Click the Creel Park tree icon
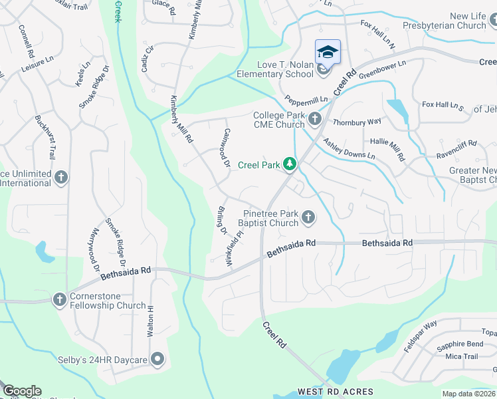(289, 164)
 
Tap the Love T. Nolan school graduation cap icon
(328, 52)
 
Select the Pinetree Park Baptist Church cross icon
(308, 217)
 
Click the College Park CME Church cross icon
(315, 120)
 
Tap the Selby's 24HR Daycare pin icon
(157, 360)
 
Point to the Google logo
(21, 391)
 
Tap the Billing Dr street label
(222, 220)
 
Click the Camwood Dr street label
(227, 148)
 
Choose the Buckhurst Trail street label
(46, 137)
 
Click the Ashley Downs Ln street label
(349, 149)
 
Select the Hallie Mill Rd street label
(387, 147)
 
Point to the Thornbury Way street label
(357, 122)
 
